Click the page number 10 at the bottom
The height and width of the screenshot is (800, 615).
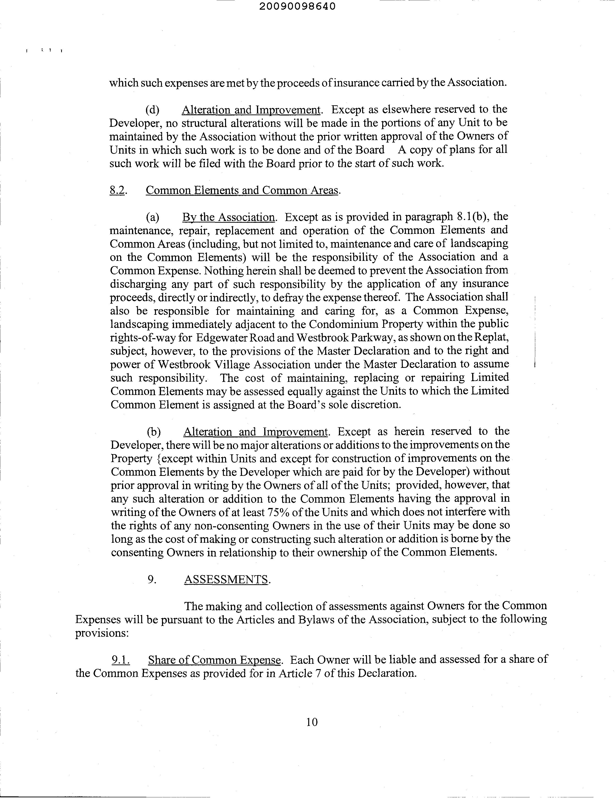click(312, 722)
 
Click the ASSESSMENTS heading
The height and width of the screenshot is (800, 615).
click(226, 579)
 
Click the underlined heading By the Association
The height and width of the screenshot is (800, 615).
click(228, 217)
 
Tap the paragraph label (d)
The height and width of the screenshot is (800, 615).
click(152, 110)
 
